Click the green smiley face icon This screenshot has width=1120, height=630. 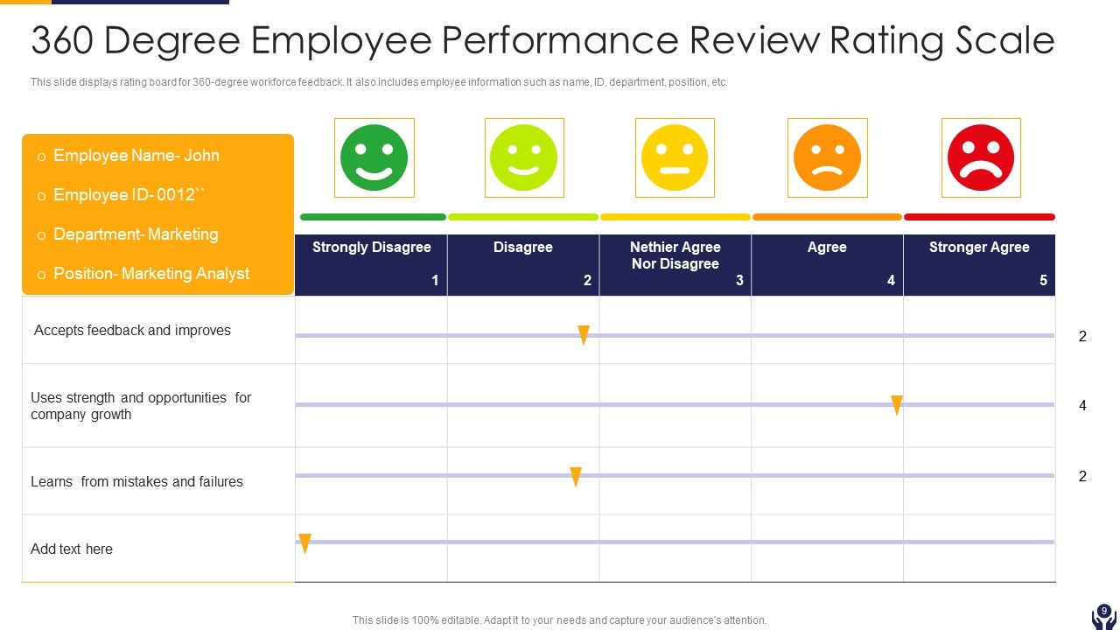click(x=374, y=157)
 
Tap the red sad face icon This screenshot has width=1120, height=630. click(x=980, y=157)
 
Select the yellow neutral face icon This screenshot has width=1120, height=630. click(x=675, y=157)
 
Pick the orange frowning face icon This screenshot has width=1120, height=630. click(x=827, y=157)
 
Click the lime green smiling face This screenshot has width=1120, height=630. click(x=523, y=157)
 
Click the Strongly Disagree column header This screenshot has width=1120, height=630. click(x=371, y=248)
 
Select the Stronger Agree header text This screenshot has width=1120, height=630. click(x=978, y=248)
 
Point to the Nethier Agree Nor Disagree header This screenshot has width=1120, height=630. click(x=675, y=255)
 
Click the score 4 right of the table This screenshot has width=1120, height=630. click(x=1082, y=405)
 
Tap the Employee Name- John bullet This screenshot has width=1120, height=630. click(x=136, y=156)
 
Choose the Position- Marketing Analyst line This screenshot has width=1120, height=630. click(x=151, y=274)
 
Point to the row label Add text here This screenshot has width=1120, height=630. click(x=72, y=549)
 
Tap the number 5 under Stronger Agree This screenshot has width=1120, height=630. click(x=1042, y=281)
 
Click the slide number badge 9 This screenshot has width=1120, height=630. click(x=1103, y=612)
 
